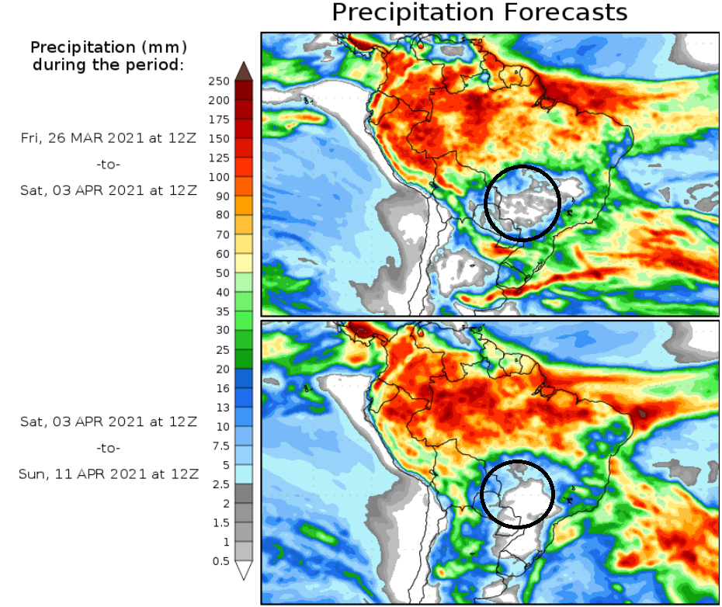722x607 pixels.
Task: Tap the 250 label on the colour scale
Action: click(x=219, y=82)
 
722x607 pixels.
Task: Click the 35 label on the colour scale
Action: click(x=222, y=311)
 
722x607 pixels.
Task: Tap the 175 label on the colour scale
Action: click(x=219, y=120)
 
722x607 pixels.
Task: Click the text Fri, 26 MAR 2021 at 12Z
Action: click(x=109, y=138)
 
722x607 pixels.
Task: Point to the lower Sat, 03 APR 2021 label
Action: click(x=109, y=421)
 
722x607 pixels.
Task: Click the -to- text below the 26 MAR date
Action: click(x=109, y=165)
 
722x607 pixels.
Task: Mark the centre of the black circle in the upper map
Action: click(x=522, y=203)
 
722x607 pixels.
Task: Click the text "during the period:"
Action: click(x=109, y=64)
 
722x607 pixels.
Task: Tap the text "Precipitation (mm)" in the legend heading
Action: click(x=109, y=48)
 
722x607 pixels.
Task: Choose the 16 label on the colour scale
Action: click(x=222, y=388)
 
